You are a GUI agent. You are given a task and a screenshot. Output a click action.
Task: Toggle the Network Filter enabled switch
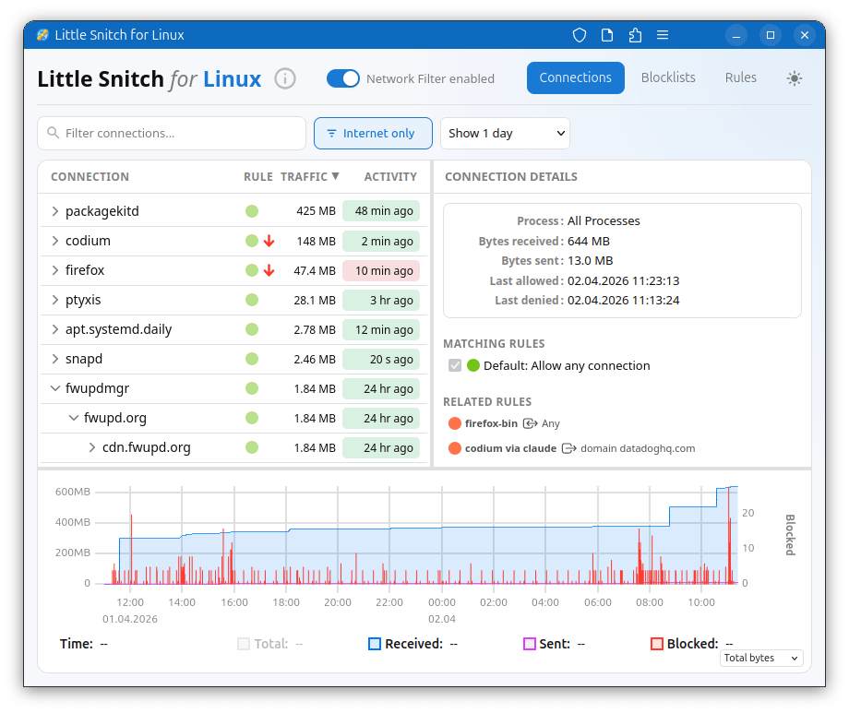point(343,78)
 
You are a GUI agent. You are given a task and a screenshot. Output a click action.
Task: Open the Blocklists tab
point(668,77)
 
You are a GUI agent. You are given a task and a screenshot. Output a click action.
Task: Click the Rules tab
point(740,77)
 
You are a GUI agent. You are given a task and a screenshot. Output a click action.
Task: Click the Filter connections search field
point(175,133)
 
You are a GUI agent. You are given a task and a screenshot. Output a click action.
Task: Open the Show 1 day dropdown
point(505,133)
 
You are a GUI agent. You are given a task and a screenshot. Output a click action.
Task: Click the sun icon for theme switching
point(794,78)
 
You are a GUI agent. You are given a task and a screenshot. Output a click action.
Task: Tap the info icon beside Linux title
point(285,78)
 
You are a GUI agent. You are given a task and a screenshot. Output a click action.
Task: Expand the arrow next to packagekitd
point(54,211)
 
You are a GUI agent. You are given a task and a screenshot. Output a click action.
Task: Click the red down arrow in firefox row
point(269,270)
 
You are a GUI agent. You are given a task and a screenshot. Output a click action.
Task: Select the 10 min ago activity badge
point(380,270)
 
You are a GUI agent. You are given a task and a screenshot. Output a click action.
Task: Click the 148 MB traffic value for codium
point(316,241)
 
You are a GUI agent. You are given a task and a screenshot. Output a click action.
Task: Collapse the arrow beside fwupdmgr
point(54,388)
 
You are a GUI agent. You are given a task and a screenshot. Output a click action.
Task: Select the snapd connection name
point(84,359)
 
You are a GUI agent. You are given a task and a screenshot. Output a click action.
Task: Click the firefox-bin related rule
point(491,423)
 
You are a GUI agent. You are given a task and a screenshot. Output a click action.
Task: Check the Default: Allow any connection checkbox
point(454,365)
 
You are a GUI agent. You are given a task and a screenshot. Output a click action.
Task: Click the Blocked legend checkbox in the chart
point(657,644)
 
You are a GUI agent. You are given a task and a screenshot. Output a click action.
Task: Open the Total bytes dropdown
point(761,658)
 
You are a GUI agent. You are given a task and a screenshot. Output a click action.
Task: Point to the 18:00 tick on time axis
point(286,602)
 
